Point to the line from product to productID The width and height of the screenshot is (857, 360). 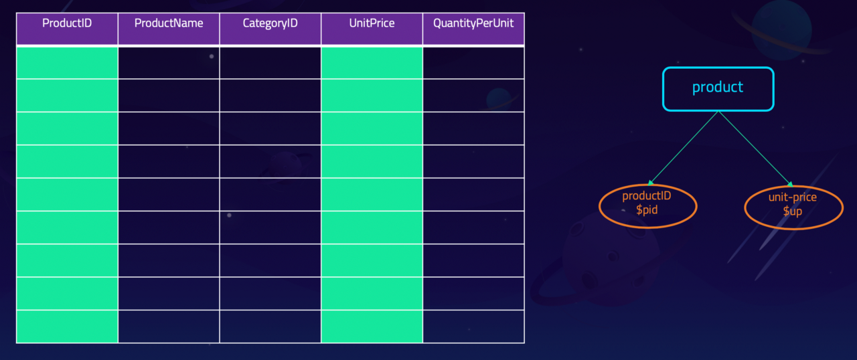pyautogui.click(x=684, y=148)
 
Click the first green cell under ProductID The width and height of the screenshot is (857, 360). pyautogui.click(x=67, y=63)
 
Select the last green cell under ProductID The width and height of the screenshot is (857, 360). pyautogui.click(x=67, y=327)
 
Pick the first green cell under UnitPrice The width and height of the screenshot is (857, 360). pyautogui.click(x=372, y=63)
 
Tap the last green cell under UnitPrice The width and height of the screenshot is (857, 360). pyautogui.click(x=372, y=327)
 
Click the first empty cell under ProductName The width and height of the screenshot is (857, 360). pyautogui.click(x=169, y=63)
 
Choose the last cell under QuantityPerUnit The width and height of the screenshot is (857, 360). pyautogui.click(x=473, y=327)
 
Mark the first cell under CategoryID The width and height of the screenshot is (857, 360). pyautogui.click(x=270, y=63)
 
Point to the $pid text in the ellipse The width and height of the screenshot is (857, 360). pyautogui.click(x=647, y=210)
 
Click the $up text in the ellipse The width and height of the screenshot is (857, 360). pyautogui.click(x=792, y=211)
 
